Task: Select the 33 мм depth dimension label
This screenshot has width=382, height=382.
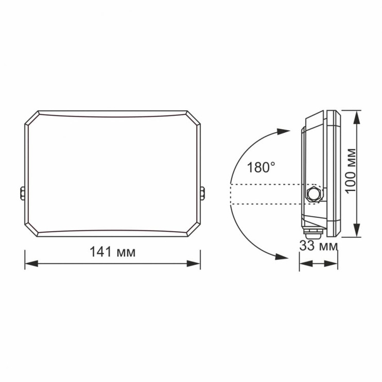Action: coord(319,246)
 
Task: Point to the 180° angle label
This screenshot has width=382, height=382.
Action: coord(261,167)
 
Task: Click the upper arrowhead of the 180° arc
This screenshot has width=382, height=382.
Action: coord(283,131)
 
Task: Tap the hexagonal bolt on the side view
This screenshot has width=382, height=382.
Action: coord(312,194)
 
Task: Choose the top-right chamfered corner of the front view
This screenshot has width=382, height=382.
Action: coord(193,117)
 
